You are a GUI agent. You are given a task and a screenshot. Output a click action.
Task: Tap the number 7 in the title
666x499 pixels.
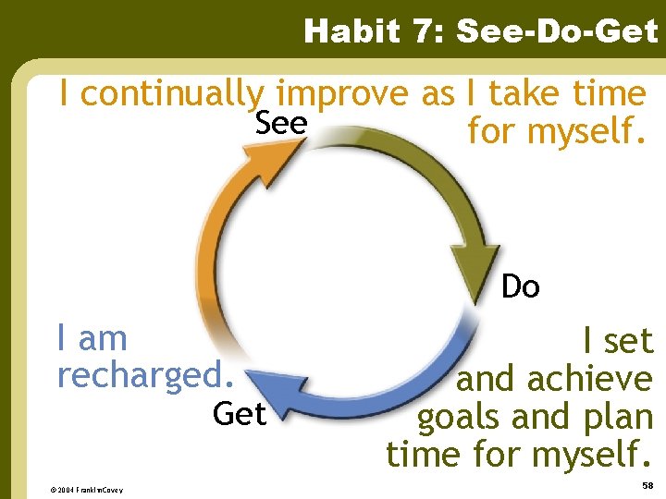tap(429, 32)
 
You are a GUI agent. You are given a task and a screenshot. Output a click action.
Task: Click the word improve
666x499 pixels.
tap(344, 94)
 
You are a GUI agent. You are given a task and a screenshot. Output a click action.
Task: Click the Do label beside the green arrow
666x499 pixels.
tap(520, 287)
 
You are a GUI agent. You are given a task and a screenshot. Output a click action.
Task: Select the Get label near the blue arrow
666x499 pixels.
tap(239, 414)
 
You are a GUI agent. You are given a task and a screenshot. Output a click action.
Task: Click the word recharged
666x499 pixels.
tap(143, 375)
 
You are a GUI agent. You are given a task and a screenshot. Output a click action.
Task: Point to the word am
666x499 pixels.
tap(103, 339)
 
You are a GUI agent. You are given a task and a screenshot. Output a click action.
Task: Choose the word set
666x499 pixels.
tap(629, 342)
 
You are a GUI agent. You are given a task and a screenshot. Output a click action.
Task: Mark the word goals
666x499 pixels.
tap(460, 417)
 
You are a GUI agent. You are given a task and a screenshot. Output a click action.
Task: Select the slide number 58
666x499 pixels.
tap(647, 485)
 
